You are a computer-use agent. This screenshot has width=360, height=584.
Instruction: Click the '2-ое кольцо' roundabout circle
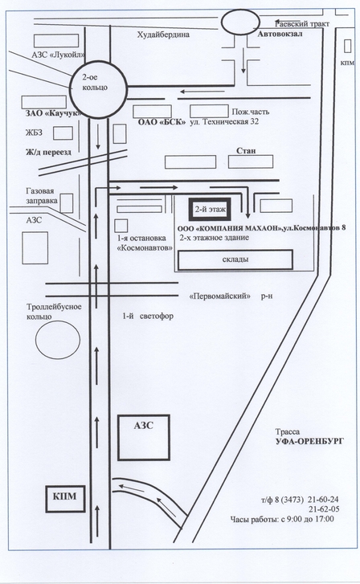click(71, 89)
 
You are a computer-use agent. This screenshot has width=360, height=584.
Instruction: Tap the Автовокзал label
click(280, 34)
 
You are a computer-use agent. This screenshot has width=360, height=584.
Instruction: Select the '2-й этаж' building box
click(211, 210)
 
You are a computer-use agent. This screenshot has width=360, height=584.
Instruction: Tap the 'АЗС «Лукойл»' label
click(58, 55)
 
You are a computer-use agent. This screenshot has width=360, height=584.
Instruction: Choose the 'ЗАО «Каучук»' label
click(53, 113)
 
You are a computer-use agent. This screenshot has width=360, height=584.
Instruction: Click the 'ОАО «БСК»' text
click(162, 122)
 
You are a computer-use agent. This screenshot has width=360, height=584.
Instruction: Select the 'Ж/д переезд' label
click(48, 152)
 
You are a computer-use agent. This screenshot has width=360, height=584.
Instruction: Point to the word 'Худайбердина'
click(163, 35)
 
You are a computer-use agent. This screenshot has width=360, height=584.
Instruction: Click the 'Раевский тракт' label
click(302, 24)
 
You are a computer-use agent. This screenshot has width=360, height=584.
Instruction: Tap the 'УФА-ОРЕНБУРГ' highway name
click(309, 441)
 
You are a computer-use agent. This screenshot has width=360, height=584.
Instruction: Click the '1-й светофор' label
click(148, 317)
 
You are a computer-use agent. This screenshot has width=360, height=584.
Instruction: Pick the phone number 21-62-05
click(324, 509)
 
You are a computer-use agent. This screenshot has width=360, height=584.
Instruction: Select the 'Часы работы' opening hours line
click(282, 519)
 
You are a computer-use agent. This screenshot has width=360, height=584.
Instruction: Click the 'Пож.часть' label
click(251, 112)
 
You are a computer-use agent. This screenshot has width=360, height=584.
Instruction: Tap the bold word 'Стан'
click(247, 150)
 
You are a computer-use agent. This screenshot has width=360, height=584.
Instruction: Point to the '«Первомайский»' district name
click(220, 296)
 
